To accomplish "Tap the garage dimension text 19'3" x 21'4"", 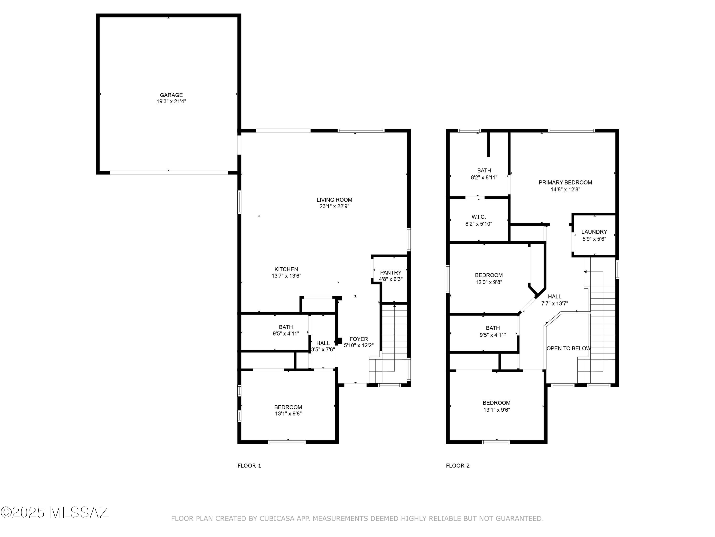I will [171, 102].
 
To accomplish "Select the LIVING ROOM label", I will [334, 200].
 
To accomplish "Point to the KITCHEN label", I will [286, 269].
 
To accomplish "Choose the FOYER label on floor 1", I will [358, 339].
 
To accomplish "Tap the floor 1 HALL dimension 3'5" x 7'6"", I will [323, 350].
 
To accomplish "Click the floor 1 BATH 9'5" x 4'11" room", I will [286, 330].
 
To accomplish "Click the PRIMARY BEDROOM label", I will [565, 183].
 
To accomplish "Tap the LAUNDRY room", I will [594, 235].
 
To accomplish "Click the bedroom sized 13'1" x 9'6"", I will [496, 406].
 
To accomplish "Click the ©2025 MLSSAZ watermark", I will [54, 512].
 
